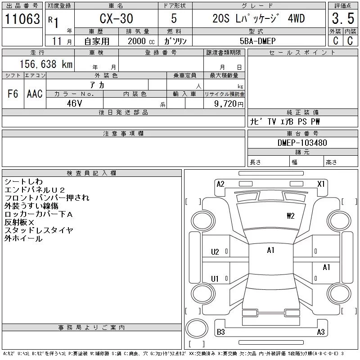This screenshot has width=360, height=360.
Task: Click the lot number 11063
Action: point(22,18)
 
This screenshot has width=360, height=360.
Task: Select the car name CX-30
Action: point(116,18)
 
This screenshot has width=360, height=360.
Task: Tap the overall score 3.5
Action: point(343,18)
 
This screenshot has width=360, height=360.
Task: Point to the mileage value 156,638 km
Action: point(46,64)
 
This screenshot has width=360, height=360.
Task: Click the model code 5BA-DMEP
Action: point(257,41)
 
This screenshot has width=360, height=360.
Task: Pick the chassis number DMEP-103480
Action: point(302,143)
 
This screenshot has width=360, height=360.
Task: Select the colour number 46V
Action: point(74,103)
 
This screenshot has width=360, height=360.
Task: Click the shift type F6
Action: point(13,94)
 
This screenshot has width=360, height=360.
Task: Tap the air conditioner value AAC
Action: point(35,94)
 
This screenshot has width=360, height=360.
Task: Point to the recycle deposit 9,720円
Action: point(229,104)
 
